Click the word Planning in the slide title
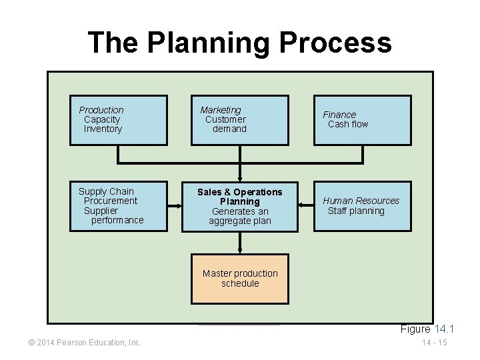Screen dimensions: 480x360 pos(208,43)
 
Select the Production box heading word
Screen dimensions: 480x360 pos(101,110)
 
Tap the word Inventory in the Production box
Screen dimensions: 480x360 pos(103,129)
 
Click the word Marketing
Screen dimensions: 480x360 pos(221,110)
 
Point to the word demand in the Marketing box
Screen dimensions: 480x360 pos(229,129)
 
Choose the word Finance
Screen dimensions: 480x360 pos(339,115)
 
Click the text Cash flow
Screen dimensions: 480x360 pos(348,124)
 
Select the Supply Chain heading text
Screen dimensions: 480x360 pos(106,191)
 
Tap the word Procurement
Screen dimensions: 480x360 pos(111,201)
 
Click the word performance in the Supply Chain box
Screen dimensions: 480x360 pos(117,220)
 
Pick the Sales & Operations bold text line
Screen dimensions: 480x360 pos(240,192)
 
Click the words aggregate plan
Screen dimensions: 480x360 pos(240,221)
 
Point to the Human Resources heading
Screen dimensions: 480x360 pos(361,201)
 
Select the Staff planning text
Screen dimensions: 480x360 pos(356,211)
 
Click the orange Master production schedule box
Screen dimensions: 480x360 pos(240,279)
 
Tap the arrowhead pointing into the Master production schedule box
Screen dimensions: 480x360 pos(240,251)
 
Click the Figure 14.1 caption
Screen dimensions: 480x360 pos(427,329)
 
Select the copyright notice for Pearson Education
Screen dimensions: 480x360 pos(85,343)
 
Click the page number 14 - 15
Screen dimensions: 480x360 pos(434,343)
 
